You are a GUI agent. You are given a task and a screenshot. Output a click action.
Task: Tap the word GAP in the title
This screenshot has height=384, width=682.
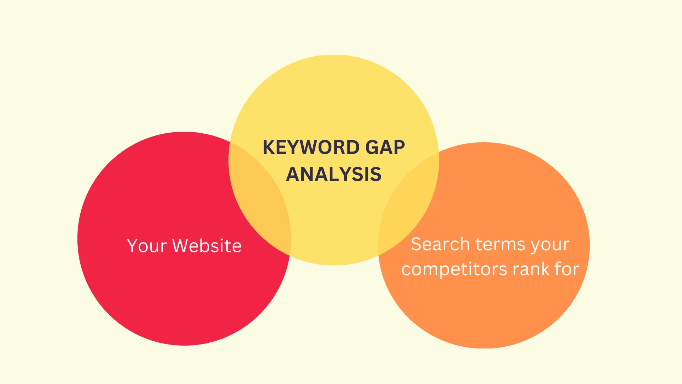tap(385, 148)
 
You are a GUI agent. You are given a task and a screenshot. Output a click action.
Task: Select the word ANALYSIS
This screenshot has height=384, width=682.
tap(334, 174)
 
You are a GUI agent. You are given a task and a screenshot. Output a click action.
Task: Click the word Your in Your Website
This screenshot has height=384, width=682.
tap(147, 246)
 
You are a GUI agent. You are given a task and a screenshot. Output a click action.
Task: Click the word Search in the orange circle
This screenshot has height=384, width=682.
tap(440, 244)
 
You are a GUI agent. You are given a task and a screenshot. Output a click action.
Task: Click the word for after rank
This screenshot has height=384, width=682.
tap(567, 269)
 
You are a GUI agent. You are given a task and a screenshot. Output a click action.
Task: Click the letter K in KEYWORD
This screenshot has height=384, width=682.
tap(269, 148)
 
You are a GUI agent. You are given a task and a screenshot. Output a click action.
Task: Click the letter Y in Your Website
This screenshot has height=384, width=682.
tap(132, 246)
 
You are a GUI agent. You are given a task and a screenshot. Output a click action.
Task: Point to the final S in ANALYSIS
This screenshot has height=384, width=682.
tap(375, 174)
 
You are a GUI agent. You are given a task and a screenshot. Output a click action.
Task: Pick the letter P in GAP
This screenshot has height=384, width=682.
tap(399, 148)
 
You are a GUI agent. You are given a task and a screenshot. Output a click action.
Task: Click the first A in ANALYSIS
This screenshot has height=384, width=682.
tap(293, 174)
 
